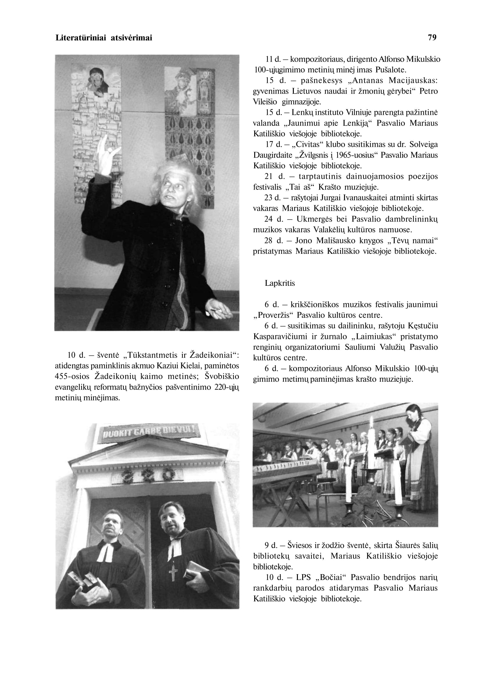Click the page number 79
click(432, 38)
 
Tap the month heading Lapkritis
click(280, 283)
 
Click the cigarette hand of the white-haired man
click(219, 310)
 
